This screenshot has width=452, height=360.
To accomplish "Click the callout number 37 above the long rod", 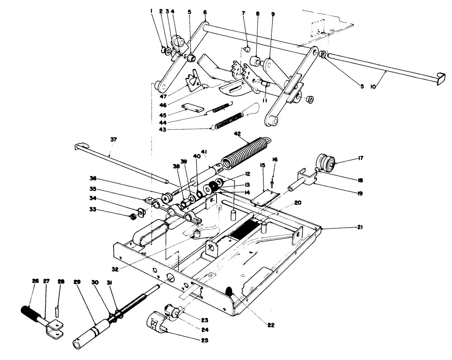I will pyautogui.click(x=113, y=140).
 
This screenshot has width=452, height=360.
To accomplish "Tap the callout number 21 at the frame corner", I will pyautogui.click(x=359, y=228).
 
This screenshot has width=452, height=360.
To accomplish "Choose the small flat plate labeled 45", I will pyautogui.click(x=193, y=107).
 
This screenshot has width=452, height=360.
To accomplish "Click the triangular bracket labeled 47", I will pyautogui.click(x=194, y=81).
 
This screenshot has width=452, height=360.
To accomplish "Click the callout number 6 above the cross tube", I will pyautogui.click(x=205, y=12).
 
